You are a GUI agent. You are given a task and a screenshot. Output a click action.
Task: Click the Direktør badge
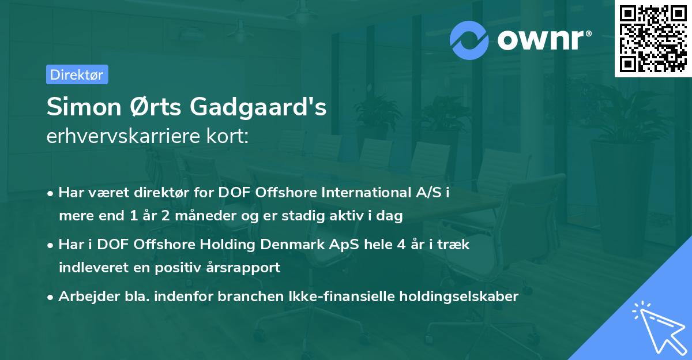tap(77, 74)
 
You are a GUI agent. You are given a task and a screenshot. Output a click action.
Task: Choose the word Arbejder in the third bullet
tap(84, 297)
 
